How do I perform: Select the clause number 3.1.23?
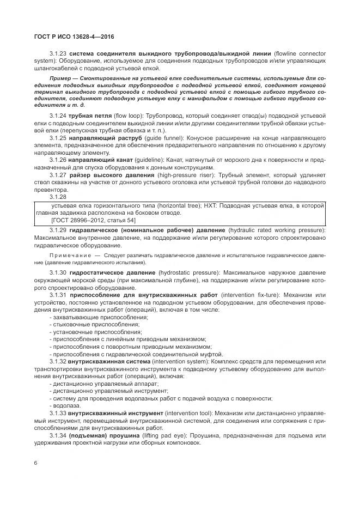pos(58,54)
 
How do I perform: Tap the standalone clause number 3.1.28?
pos(58,196)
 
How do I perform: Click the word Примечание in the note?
pos(70,255)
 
